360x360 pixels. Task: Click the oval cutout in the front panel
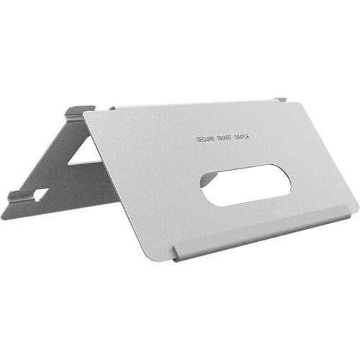pyautogui.click(x=245, y=185)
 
